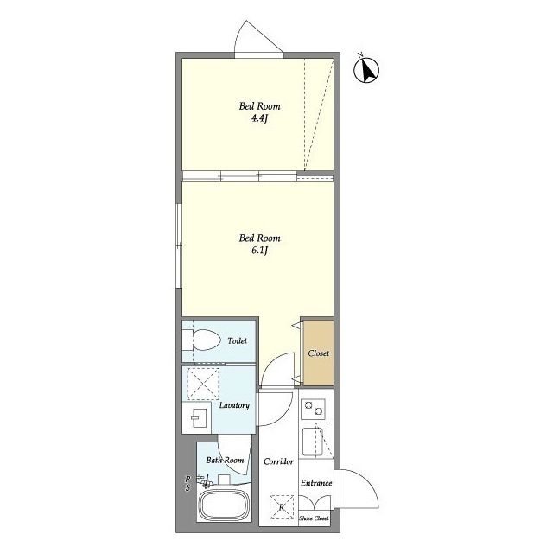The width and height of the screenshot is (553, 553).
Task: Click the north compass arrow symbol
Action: pos(366,70)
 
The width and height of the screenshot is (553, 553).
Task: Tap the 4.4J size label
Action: pos(259,118)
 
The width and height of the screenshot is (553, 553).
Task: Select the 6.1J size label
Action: pos(259,251)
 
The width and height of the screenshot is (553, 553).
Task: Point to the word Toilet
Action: pos(238,340)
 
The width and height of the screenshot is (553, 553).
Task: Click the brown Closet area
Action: pos(319,353)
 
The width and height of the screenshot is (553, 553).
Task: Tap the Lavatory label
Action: pos(234,405)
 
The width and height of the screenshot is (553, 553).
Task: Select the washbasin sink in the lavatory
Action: pos(196,418)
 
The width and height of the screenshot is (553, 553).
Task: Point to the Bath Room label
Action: pos(225,461)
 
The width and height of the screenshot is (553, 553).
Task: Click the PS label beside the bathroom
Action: pos(188,483)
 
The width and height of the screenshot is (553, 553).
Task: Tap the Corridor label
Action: pos(278,461)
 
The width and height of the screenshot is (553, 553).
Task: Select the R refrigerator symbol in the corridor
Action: pos(282,507)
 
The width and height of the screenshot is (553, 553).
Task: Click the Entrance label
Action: pos(316,483)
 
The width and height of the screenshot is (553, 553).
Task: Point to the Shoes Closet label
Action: pos(315,518)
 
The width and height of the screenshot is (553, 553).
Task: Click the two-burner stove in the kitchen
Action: pos(313,409)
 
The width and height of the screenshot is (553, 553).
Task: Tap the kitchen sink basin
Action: pos(313,442)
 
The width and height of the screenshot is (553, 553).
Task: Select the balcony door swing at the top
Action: pos(258,37)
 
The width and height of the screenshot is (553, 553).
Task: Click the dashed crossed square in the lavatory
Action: pos(203,384)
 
